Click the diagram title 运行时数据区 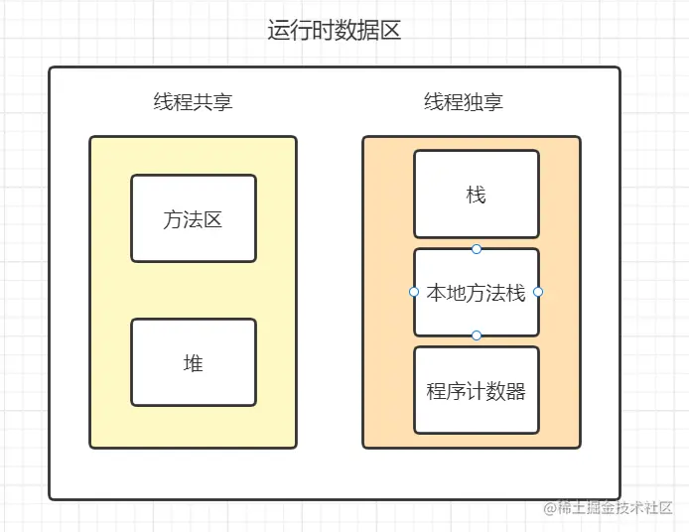pos(334,31)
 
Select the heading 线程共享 pos(193,102)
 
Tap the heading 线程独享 pos(464,102)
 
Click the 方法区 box pos(194,218)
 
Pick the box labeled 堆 pos(194,362)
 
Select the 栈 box pos(477,195)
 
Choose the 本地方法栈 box pos(477,293)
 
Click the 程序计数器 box pos(477,390)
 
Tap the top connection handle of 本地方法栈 pos(477,249)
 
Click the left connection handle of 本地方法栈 pos(413,292)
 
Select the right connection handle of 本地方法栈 pos(538,292)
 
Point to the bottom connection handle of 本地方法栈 pos(477,335)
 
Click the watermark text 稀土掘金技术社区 pos(615,508)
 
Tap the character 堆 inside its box pos(194,363)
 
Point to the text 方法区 pos(193,219)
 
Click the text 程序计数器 pos(476,391)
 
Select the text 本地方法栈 pos(476,293)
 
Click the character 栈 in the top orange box pos(476,196)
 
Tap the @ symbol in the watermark pos(550,508)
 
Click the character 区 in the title pos(390,31)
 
